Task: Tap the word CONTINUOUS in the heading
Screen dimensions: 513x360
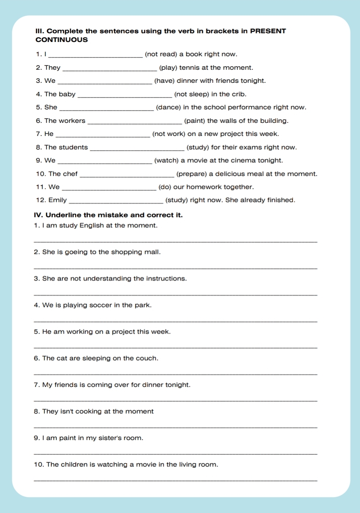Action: point(61,40)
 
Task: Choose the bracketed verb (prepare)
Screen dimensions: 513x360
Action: point(191,174)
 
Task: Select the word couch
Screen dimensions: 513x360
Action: point(146,359)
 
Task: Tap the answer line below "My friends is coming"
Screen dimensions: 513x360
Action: point(176,401)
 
